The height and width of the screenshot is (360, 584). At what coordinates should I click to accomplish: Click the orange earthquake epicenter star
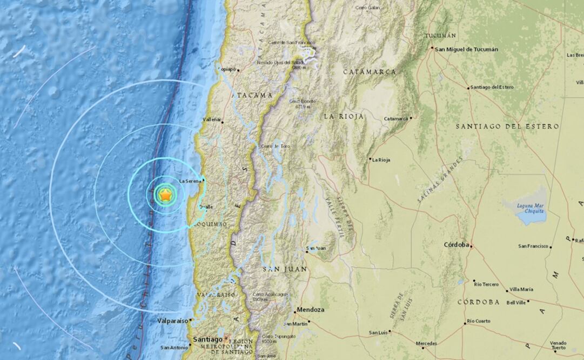coord(165,195)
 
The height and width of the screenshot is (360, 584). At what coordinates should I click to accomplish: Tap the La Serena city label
coord(190,181)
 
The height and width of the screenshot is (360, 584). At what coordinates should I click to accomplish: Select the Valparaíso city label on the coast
coord(172,321)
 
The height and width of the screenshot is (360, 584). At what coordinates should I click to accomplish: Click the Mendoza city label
coord(310,310)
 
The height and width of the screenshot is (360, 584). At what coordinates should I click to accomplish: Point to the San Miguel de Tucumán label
coord(466,49)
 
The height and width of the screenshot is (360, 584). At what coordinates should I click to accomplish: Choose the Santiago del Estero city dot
coord(468,88)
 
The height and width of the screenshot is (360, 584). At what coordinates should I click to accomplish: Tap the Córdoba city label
coord(456,244)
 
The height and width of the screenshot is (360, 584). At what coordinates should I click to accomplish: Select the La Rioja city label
coord(381,159)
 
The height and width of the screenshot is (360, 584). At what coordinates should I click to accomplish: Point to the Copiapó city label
coord(227,70)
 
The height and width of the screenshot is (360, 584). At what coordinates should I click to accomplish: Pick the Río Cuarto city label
coord(479,321)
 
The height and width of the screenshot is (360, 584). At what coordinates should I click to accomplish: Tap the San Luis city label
coord(379,332)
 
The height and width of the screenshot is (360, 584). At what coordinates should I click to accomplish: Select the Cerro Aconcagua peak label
coord(270,295)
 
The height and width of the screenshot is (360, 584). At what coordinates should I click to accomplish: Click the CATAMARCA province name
coord(369,72)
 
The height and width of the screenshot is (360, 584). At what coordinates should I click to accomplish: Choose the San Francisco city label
coord(533,246)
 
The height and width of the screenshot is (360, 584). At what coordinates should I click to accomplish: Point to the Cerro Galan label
coord(368,8)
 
